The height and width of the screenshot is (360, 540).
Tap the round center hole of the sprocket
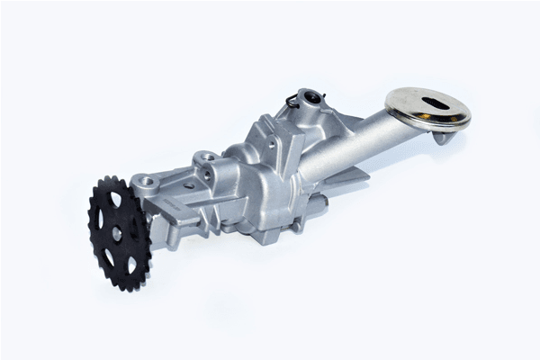pos(116,232)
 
